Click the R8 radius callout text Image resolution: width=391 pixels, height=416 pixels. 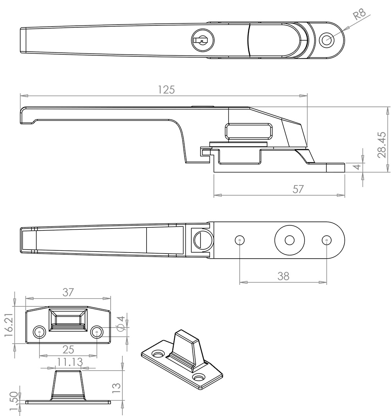tap(359, 14)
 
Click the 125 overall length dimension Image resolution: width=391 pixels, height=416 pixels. tap(166, 90)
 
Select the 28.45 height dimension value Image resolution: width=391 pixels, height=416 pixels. tap(382, 145)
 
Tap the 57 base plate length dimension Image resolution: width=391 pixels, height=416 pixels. tap(298, 189)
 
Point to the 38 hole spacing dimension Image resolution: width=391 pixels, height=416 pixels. tap(283, 276)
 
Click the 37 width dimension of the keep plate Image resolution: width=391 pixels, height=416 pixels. tap(68, 292)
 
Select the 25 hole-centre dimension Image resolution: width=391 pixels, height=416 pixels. tap(68, 350)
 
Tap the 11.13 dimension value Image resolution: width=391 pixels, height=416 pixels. tap(70, 362)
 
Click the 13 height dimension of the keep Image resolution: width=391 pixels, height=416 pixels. tap(117, 388)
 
